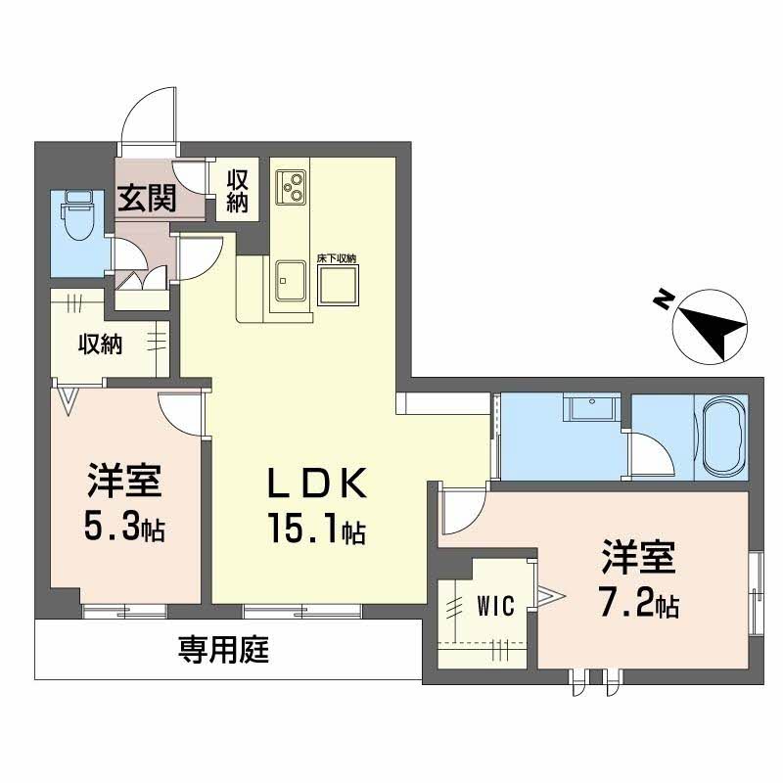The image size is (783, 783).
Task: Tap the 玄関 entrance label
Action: pyautogui.click(x=147, y=199)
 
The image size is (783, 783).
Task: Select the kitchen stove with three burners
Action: pyautogui.click(x=291, y=186)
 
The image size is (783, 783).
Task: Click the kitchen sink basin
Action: pyautogui.click(x=291, y=282)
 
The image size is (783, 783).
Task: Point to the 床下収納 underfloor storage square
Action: pyautogui.click(x=337, y=283)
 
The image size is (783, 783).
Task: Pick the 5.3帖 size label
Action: pyautogui.click(x=124, y=530)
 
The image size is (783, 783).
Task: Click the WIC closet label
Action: pyautogui.click(x=496, y=606)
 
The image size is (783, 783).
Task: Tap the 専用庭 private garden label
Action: pyautogui.click(x=223, y=649)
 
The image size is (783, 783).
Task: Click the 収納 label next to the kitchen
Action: pyautogui.click(x=238, y=190)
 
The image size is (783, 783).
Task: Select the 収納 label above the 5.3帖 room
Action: pyautogui.click(x=101, y=345)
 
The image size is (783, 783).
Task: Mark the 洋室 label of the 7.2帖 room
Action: pyautogui.click(x=637, y=559)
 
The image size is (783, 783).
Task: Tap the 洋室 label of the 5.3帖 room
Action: pyautogui.click(x=124, y=483)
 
